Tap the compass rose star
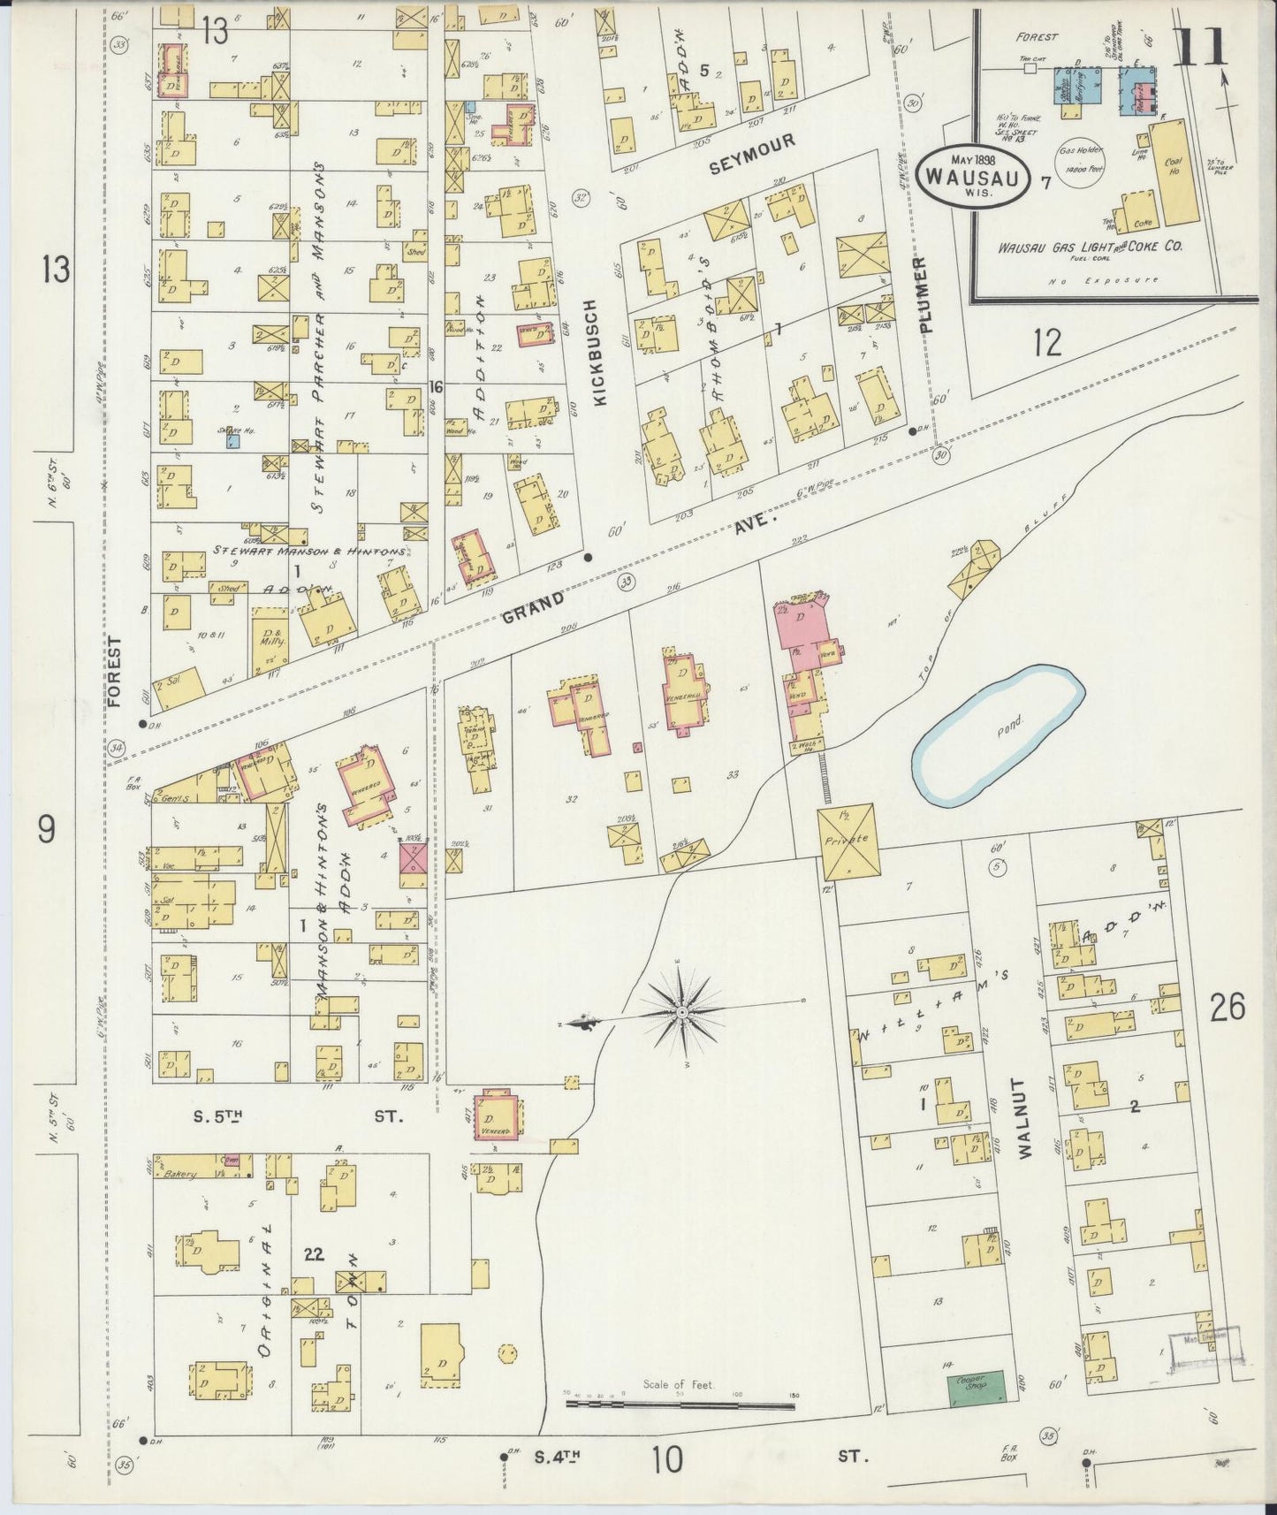pos(684,1009)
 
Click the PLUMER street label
pos(924,295)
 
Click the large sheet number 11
pos(1202,46)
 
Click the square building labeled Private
pos(848,840)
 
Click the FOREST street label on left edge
pos(114,672)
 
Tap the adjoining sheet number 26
pos(1228,1008)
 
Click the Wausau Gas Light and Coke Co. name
pos(1091,247)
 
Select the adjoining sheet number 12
pos(1047,342)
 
